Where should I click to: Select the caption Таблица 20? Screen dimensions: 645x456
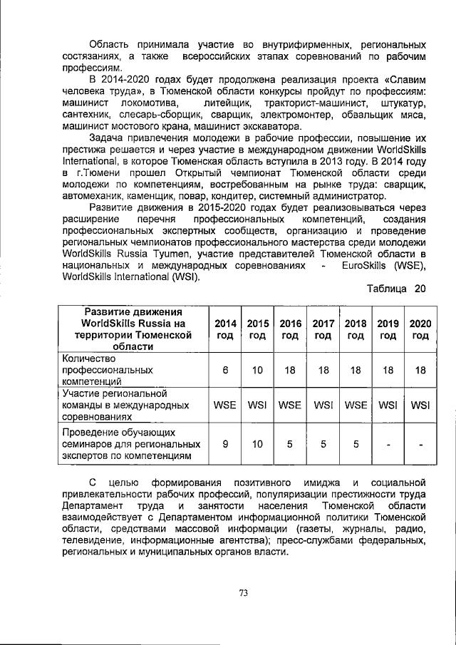click(395, 288)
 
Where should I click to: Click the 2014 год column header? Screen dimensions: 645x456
click(225, 329)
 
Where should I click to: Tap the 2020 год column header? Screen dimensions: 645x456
click(420, 329)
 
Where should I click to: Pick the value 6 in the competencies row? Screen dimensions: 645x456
click(225, 370)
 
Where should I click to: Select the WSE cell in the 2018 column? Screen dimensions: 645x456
click(356, 405)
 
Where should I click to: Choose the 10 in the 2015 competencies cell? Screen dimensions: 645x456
click(257, 370)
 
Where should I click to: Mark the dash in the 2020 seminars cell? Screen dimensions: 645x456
click(420, 444)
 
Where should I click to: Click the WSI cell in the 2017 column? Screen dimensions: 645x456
click(323, 405)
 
